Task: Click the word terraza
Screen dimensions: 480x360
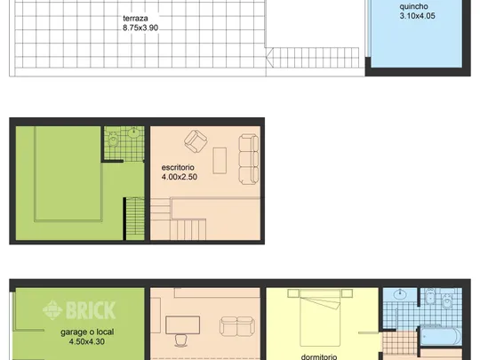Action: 135,19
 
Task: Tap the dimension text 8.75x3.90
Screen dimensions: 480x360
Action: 140,28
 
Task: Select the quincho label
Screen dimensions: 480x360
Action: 413,6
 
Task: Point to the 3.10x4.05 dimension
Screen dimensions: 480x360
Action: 417,16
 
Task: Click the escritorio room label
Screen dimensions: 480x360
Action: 178,167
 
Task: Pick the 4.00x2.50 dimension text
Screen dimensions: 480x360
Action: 180,177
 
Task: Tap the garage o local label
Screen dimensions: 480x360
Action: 87,332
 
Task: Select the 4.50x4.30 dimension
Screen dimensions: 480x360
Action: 87,341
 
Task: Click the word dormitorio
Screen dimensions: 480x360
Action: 319,357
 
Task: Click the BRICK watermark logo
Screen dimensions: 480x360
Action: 79,310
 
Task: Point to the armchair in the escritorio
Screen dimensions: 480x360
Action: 196,141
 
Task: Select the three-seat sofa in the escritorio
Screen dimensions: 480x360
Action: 249,159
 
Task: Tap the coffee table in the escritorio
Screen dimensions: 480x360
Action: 220,161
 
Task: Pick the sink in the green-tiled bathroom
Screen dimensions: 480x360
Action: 133,133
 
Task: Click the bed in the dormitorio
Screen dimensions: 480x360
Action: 320,317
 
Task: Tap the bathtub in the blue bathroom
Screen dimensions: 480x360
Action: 441,336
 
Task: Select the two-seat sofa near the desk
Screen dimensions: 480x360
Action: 237,326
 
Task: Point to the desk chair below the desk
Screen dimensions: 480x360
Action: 182,340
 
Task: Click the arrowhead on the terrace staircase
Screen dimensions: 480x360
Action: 269,57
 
